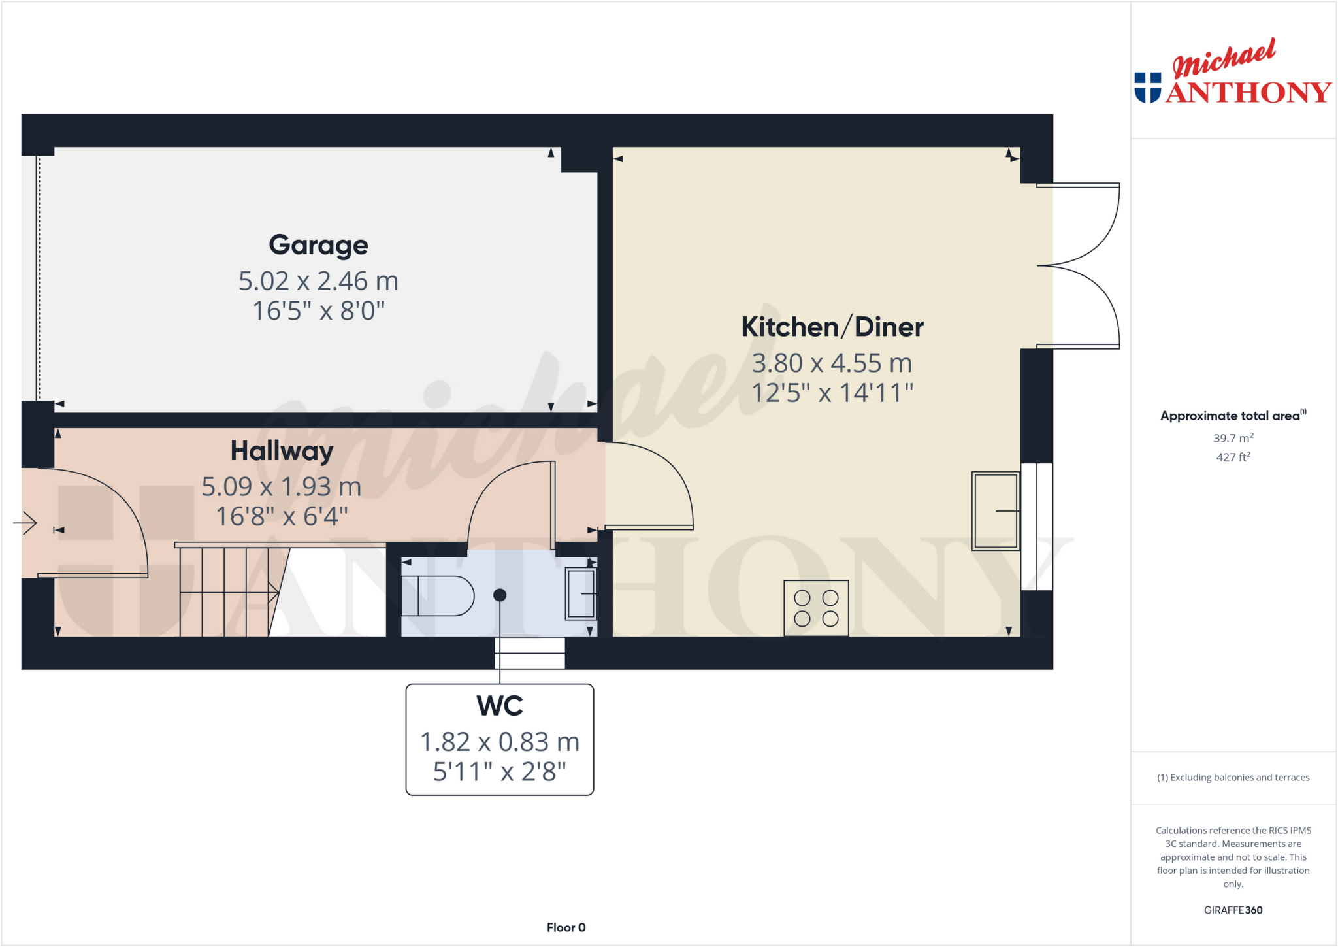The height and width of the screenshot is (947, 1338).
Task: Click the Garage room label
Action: click(318, 245)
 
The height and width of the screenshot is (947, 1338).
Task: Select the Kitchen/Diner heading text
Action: click(832, 327)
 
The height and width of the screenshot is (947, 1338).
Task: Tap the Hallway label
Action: click(282, 451)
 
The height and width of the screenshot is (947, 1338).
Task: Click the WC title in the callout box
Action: click(500, 706)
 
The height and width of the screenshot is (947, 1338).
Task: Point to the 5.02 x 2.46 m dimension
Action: click(318, 281)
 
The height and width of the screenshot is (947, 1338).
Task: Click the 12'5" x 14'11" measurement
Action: click(832, 393)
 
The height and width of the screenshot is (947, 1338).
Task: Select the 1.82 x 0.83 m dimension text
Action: click(500, 742)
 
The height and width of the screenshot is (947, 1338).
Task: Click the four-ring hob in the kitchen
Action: click(816, 608)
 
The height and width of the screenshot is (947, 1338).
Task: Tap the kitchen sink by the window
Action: click(995, 511)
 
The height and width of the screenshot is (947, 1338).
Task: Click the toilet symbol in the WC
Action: click(438, 595)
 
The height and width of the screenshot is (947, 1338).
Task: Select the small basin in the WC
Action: click(580, 593)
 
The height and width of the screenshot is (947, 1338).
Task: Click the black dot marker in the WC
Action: click(500, 595)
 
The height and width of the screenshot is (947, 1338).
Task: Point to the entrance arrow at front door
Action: click(26, 522)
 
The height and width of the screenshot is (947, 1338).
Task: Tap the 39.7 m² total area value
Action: click(1233, 438)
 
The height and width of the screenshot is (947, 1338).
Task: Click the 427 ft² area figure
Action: click(1233, 457)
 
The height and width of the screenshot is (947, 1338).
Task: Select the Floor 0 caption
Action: click(566, 927)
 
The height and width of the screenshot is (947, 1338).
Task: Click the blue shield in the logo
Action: click(1147, 88)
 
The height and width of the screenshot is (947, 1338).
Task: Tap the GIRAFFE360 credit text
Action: click(1233, 910)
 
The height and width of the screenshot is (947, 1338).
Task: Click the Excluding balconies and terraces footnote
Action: click(1233, 777)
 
